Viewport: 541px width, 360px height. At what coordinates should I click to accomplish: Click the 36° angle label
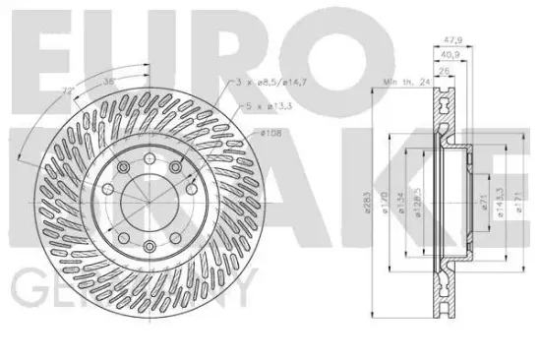(x=110, y=82)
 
